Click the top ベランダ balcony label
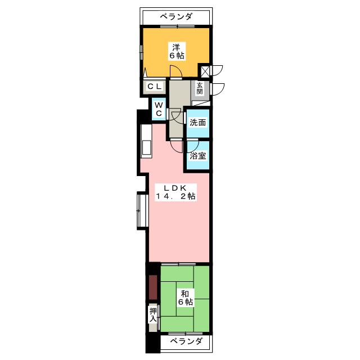coord(176,16)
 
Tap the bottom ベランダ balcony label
coord(186,341)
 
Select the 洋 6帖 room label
coord(177,51)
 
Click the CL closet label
coord(155,87)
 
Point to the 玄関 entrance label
coord(200,88)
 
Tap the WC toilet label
coord(159,109)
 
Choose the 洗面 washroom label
coord(197,123)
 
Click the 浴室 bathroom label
coord(197,156)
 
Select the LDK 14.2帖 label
coord(176,192)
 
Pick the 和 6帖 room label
coord(185,298)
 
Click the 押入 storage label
coord(153,315)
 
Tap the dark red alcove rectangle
coord(153,287)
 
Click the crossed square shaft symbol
coord(205,71)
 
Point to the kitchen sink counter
coord(146,141)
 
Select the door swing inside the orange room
coord(176,71)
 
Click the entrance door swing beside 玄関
coord(218,89)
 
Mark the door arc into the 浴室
coord(193,145)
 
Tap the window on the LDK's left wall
coord(143,210)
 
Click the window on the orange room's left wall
coord(141,52)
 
